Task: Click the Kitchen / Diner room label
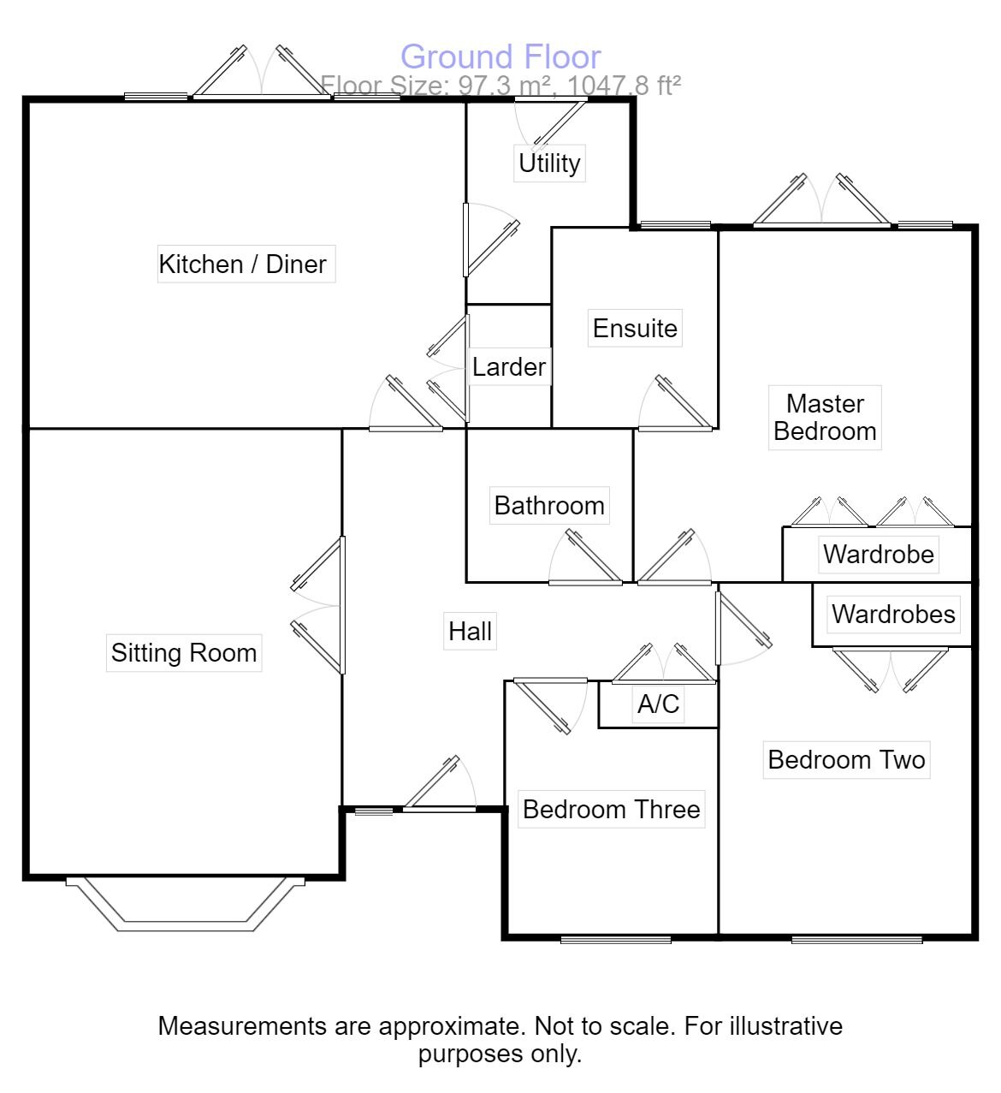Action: click(x=243, y=264)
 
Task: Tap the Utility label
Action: click(x=549, y=163)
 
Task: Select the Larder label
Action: click(x=509, y=367)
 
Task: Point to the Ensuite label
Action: click(x=635, y=328)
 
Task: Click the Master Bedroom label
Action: click(x=825, y=417)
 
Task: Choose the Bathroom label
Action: click(x=549, y=505)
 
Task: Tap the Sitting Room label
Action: click(x=184, y=653)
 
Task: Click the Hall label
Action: click(x=470, y=632)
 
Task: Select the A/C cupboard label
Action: click(x=658, y=704)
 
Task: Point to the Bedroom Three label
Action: click(x=611, y=809)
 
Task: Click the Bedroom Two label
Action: click(x=846, y=759)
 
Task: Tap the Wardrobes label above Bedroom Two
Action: click(x=893, y=614)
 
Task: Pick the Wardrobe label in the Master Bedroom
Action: click(x=878, y=554)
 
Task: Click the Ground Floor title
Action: click(x=500, y=57)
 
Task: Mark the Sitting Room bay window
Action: click(x=185, y=906)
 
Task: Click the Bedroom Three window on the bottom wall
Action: click(x=616, y=940)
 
